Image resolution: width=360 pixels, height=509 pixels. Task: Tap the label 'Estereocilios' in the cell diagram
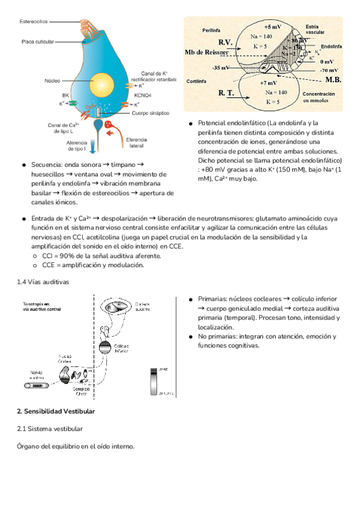[34, 22]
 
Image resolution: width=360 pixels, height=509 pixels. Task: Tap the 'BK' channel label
[65, 95]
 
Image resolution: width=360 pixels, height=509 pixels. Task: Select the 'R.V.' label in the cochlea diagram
[226, 42]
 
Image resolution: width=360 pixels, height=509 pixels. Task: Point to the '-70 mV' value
[328, 70]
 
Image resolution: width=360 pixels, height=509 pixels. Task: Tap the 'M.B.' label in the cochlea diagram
[332, 79]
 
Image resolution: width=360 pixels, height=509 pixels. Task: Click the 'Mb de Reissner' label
[206, 52]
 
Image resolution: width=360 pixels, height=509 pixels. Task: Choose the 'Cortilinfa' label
[197, 80]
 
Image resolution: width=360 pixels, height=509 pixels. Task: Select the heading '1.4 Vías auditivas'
[43, 281]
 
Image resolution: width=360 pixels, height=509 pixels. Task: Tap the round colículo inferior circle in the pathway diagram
[105, 346]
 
